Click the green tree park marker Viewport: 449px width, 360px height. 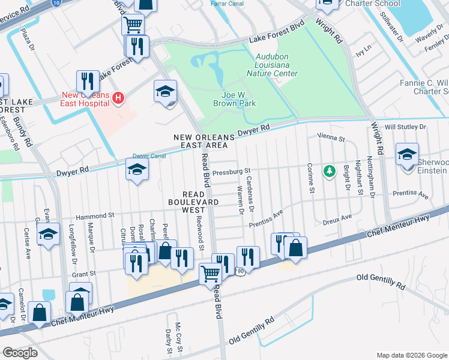[329, 172]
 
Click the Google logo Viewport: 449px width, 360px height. [20, 353]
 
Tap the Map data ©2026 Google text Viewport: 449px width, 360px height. [412, 355]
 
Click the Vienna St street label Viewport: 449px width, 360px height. [331, 139]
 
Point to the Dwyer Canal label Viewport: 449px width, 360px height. [149, 156]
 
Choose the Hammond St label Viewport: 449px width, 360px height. [94, 215]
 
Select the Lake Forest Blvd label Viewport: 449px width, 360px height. [277, 37]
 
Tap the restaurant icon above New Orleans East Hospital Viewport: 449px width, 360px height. [88, 81]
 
